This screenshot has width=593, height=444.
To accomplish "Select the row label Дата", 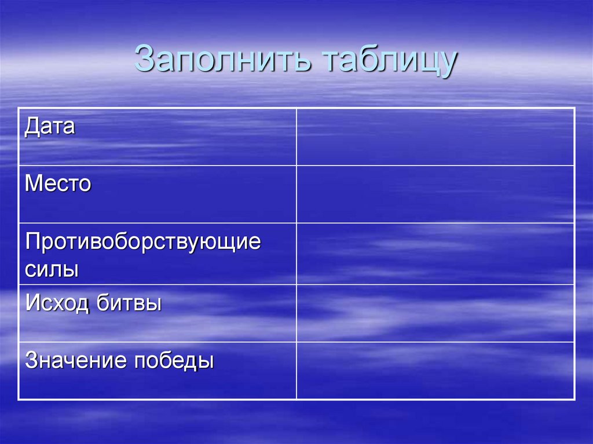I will point(50,126).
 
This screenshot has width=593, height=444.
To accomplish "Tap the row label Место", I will point(58,184).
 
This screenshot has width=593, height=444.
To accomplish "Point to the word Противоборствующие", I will point(143,242).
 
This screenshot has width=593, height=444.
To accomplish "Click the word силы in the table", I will point(52,269).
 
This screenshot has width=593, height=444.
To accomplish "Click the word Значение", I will point(76,361).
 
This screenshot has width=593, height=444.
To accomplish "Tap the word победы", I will point(174,362).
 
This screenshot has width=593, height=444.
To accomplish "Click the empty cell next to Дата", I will point(435,137).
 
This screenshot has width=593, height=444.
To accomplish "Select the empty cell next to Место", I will point(435,194).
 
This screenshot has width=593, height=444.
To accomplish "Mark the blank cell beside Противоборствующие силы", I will point(435,254).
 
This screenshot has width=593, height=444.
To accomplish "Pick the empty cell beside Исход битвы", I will point(435,313).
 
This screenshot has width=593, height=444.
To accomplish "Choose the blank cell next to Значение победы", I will point(435,370).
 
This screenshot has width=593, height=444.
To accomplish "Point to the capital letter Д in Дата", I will point(31,127).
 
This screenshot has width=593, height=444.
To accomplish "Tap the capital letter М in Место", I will point(33,184).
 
